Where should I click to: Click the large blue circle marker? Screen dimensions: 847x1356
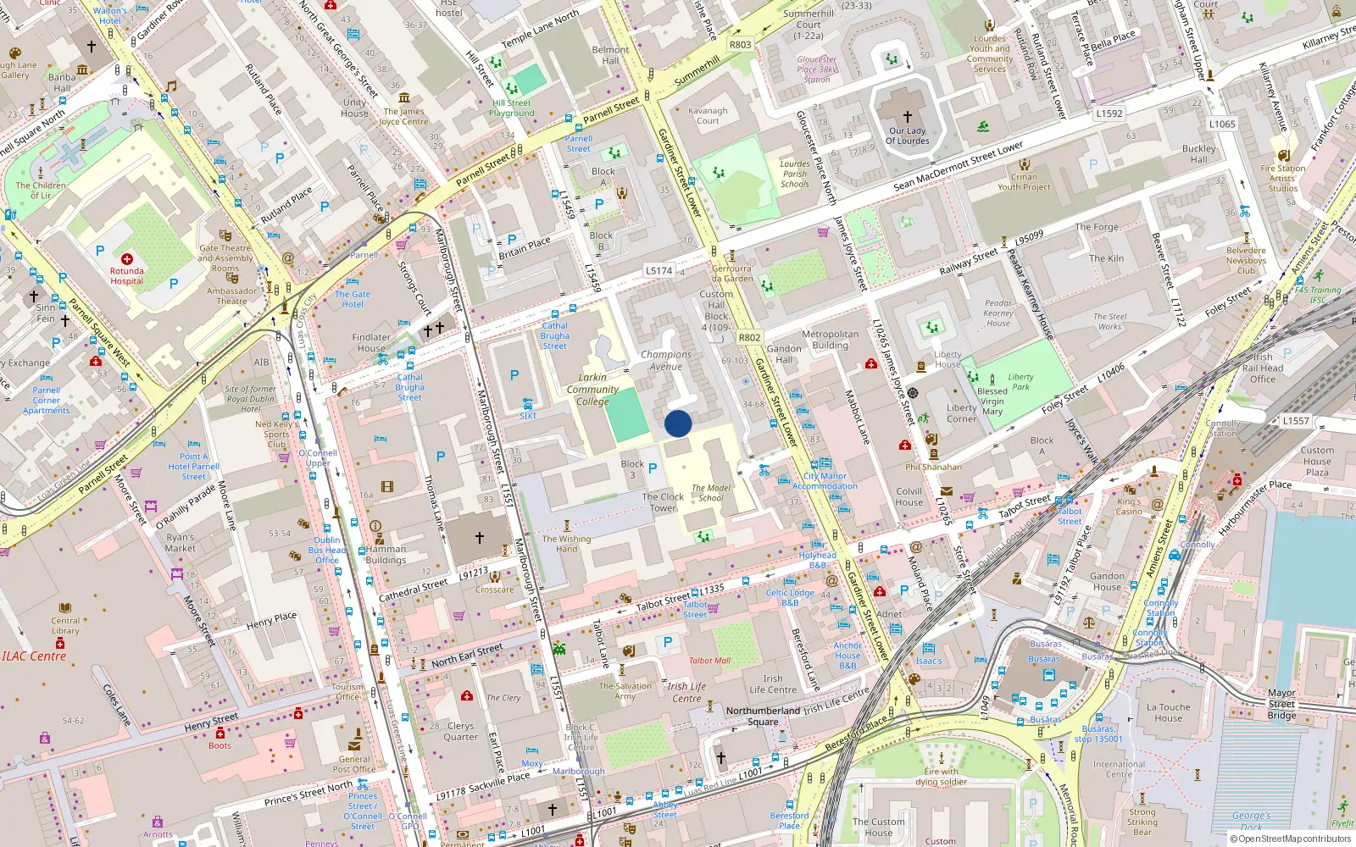click(678, 423)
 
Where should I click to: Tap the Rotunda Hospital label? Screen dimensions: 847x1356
click(126, 276)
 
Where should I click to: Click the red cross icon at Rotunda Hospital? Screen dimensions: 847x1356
click(126, 258)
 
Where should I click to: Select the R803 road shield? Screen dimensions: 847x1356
click(740, 45)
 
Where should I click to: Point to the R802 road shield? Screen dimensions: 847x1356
click(749, 337)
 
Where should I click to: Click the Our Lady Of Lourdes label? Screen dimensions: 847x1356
click(907, 136)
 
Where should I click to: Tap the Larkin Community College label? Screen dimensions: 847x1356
click(592, 390)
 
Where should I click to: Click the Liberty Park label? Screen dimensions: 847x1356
click(1020, 382)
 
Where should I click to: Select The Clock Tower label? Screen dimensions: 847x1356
click(663, 502)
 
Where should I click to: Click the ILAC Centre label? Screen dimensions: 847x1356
click(34, 656)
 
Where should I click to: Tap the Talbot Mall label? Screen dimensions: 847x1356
click(709, 661)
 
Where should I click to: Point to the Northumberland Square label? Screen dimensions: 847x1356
click(763, 716)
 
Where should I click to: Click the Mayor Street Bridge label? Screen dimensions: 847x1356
click(1281, 704)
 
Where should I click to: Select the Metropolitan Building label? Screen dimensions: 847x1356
click(830, 340)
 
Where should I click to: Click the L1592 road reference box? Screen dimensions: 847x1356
click(1109, 113)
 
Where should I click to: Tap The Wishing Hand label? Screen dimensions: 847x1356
click(566, 543)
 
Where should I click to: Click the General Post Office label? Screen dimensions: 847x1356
click(354, 764)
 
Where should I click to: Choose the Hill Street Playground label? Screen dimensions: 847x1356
click(512, 108)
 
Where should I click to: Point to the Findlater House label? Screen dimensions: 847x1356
click(371, 342)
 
